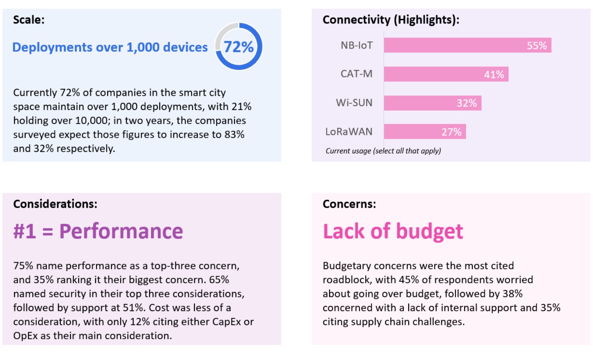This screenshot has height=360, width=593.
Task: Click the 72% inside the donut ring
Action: click(238, 47)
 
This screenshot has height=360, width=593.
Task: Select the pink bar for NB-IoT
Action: click(450, 45)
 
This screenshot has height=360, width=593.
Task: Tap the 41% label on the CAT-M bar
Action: click(494, 74)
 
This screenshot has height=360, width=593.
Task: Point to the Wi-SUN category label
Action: click(354, 103)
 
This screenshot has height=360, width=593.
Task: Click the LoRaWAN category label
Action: click(349, 132)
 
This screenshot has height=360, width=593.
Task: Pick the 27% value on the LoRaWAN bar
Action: click(451, 132)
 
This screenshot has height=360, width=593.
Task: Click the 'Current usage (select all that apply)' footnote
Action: click(383, 151)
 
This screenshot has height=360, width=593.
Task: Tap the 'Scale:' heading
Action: click(29, 20)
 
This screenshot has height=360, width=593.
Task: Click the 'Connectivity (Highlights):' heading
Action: click(391, 20)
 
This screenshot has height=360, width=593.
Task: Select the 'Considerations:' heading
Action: click(55, 204)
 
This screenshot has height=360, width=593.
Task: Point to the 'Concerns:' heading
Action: click(349, 204)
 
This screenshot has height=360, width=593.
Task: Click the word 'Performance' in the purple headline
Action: click(121, 231)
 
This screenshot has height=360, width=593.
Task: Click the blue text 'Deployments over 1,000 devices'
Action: click(110, 47)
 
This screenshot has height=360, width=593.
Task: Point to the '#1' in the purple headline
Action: click(25, 231)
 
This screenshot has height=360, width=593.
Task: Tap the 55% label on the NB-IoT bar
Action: click(536, 46)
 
